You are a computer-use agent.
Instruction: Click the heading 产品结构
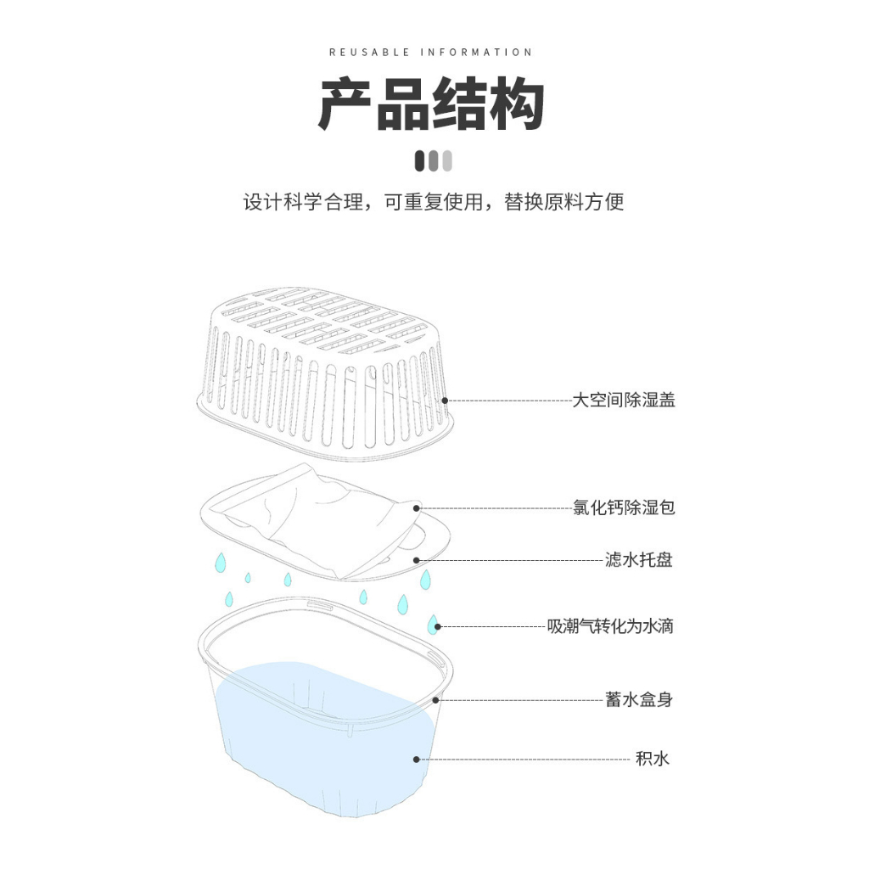point(431,105)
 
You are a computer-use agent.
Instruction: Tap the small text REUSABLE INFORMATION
point(431,53)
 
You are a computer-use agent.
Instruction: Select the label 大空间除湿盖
point(624,400)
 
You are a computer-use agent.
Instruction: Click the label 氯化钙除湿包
point(624,508)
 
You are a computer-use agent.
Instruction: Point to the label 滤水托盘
point(638,560)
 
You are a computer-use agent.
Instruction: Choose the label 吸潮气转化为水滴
point(610,627)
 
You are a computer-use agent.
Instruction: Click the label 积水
point(653,759)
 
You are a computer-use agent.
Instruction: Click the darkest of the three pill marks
point(419,160)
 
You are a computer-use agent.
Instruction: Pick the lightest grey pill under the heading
point(447,160)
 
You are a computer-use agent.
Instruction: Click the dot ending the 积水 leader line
point(417,759)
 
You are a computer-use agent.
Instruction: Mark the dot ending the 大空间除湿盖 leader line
point(444,400)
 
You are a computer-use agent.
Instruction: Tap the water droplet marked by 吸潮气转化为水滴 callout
point(434,625)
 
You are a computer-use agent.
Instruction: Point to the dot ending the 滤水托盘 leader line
point(416,560)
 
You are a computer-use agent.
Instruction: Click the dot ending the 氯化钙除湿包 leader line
point(417,508)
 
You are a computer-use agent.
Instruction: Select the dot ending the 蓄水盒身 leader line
point(436,700)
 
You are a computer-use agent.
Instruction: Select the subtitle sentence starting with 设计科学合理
point(434,203)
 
